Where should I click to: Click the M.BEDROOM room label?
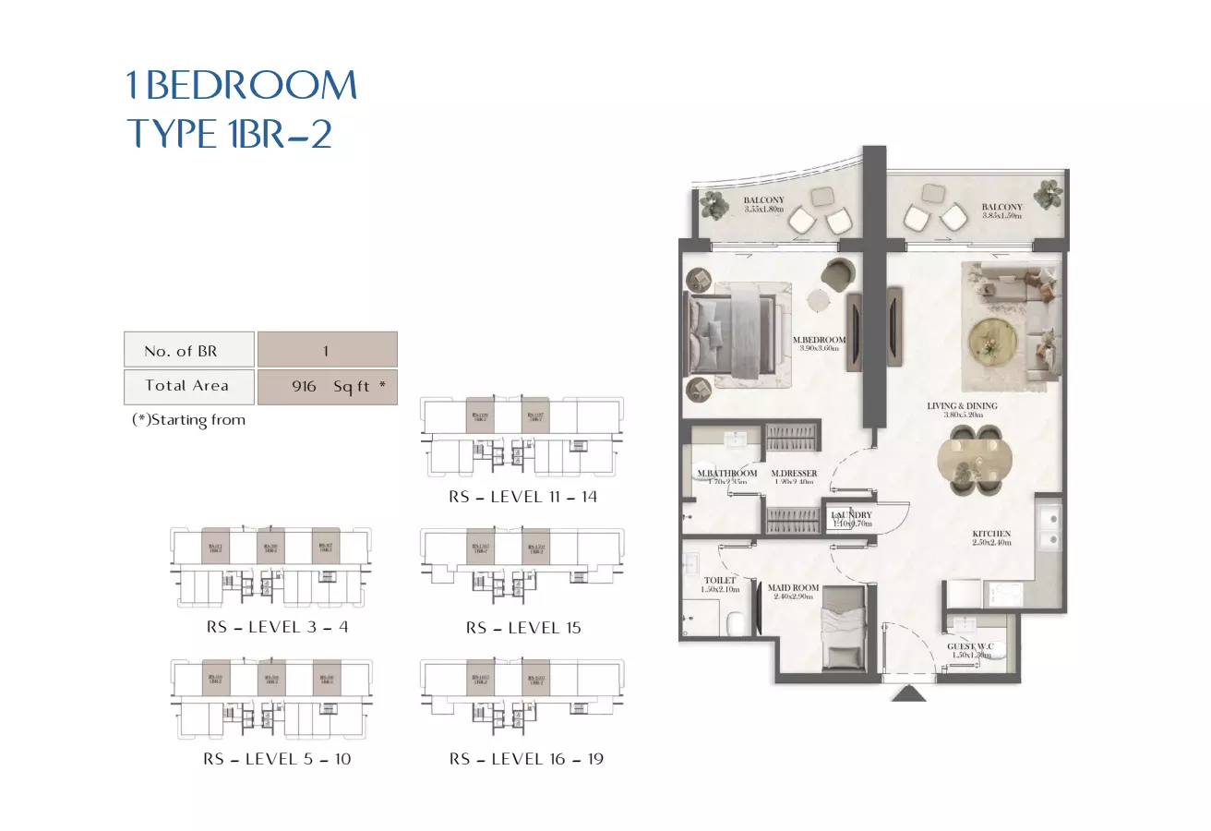click(820, 341)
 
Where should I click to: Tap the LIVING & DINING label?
click(962, 406)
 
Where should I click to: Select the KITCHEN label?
click(991, 534)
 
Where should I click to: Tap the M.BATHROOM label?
click(727, 475)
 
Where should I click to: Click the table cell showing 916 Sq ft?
click(328, 387)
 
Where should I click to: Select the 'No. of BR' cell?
click(188, 351)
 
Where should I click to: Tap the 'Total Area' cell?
click(188, 387)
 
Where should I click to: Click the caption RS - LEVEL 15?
click(523, 628)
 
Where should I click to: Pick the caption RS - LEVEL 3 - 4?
click(277, 627)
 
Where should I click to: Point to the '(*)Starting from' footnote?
click(189, 420)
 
